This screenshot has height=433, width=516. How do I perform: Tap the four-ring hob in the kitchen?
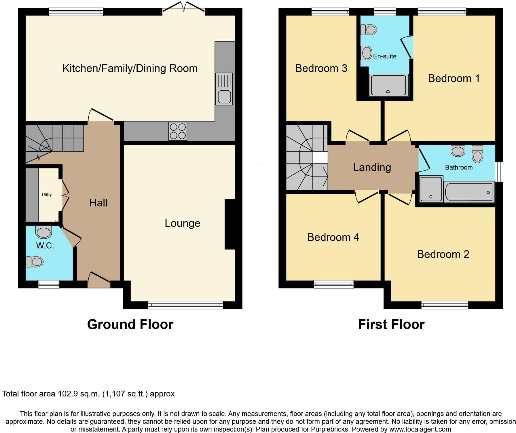[x=178, y=131]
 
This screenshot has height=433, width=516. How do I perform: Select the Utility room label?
[x=47, y=195]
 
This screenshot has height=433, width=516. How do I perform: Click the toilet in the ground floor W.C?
[x=35, y=262]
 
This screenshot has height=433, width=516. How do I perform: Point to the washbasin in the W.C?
[x=44, y=232]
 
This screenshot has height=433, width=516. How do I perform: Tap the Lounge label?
[x=182, y=223]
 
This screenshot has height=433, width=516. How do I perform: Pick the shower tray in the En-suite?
[x=389, y=85]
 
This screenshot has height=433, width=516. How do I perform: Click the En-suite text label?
[x=385, y=56]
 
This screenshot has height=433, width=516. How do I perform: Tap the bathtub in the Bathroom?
[x=469, y=192]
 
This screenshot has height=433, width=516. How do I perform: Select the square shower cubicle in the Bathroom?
[x=431, y=189]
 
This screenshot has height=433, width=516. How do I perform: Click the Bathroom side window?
[x=499, y=172]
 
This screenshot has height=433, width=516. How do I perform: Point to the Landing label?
[x=372, y=167]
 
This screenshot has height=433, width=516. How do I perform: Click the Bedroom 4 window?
[x=334, y=284]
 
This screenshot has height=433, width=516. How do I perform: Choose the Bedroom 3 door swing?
[x=357, y=137]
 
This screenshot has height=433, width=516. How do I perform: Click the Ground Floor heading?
[x=130, y=324]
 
